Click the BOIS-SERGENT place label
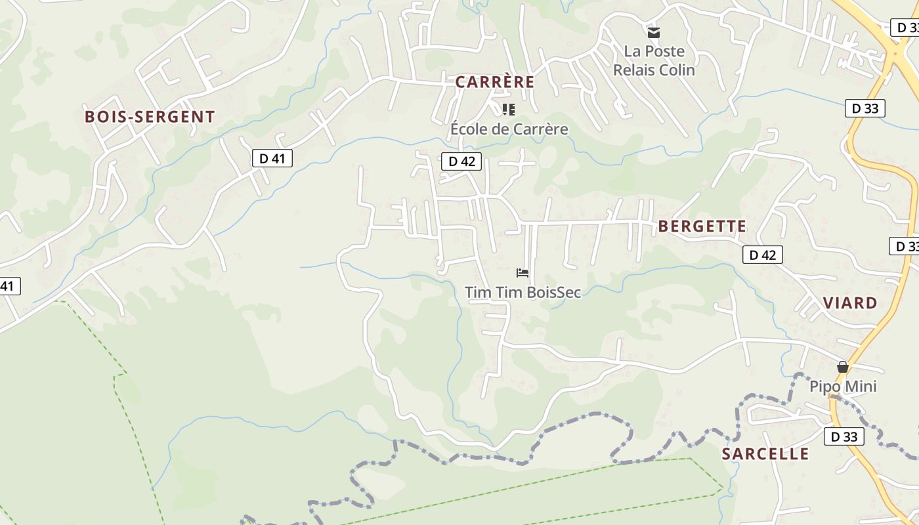click(150, 117)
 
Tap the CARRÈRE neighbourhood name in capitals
click(495, 82)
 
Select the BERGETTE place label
click(702, 226)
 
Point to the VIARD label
click(850, 303)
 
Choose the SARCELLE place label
click(765, 453)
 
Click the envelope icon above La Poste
click(653, 32)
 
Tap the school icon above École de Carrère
click(508, 109)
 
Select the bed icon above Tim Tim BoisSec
click(523, 272)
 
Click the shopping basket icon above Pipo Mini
click(842, 367)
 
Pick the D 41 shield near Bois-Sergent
click(272, 158)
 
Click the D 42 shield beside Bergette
click(762, 255)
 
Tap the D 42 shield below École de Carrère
click(461, 161)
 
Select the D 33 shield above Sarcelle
click(844, 436)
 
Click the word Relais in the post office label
click(633, 70)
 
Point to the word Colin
click(676, 70)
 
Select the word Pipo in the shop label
click(824, 387)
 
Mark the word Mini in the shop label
click(861, 387)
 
